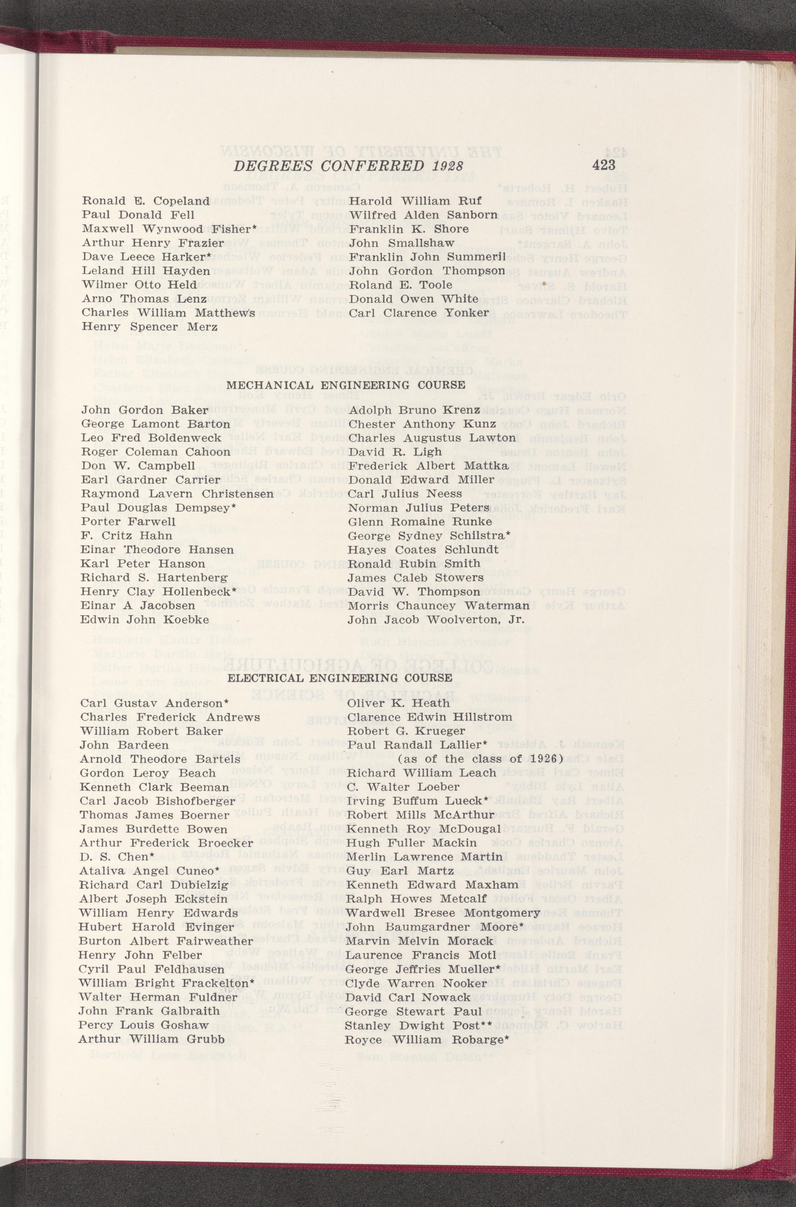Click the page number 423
point(603,165)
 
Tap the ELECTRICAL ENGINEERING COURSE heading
point(340,678)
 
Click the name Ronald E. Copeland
point(146,201)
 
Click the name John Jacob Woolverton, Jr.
point(436,620)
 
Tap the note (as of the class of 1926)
point(478,759)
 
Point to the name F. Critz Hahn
point(126,535)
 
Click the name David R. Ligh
point(395,452)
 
